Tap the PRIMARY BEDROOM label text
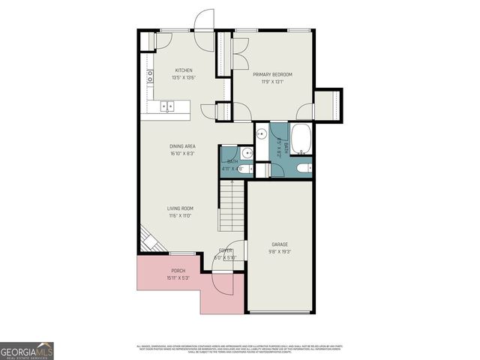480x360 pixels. pos(271,74)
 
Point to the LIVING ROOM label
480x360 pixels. pos(180,208)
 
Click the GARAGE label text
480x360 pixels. pos(279,244)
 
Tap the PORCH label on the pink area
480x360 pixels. pos(178,270)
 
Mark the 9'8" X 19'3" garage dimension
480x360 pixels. pos(279,253)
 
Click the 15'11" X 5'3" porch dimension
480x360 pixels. pos(178,277)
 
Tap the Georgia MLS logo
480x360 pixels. pos(27,350)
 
